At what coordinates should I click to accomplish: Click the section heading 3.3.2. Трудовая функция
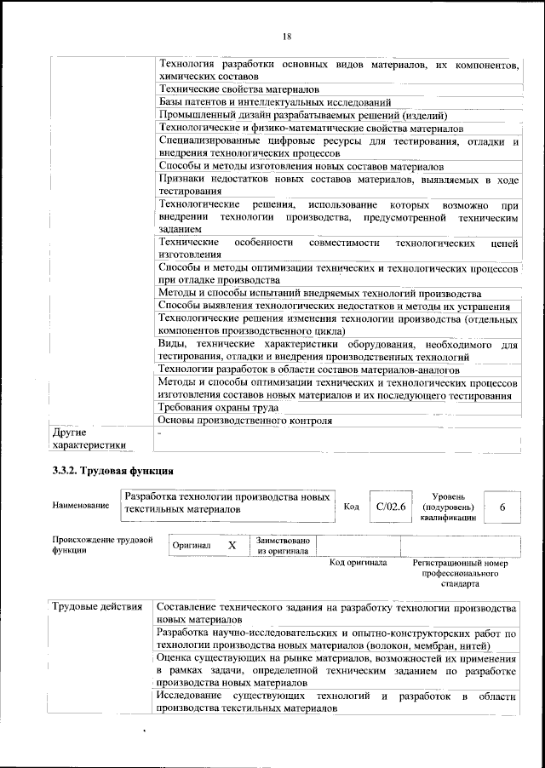[112, 470]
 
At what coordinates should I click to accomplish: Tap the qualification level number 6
[502, 507]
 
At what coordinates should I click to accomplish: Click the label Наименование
[80, 507]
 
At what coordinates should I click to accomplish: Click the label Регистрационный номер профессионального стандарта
[459, 573]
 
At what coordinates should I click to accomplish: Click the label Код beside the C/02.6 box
[351, 507]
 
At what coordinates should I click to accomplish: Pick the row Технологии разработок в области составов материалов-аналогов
[310, 370]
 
